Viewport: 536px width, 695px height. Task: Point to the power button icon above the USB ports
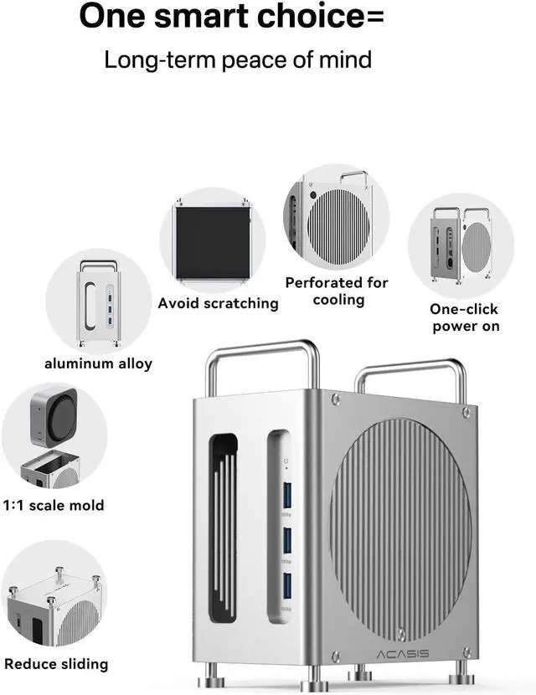coord(285,460)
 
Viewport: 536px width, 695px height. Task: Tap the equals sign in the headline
coord(378,17)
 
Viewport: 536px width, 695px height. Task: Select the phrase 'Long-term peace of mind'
coord(237,60)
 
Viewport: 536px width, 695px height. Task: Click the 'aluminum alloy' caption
coord(98,363)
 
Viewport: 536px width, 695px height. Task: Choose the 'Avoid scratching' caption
coord(218,303)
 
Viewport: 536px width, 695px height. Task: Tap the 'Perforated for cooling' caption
coord(337,291)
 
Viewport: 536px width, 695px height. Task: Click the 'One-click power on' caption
coord(466,317)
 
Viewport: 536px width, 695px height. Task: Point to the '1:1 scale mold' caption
coord(54,506)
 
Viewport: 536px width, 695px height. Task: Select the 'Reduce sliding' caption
coord(56,664)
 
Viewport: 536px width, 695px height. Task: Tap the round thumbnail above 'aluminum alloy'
coord(98,300)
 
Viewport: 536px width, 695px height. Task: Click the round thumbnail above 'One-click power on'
coord(460,246)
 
